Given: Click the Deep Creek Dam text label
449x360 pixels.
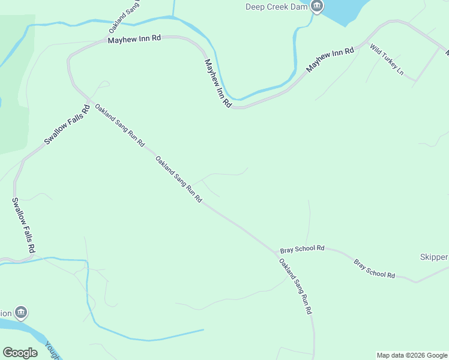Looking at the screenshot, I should click(x=276, y=7).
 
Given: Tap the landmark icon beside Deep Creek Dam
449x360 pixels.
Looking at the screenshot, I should click(x=317, y=7).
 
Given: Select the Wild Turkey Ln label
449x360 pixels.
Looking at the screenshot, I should click(x=386, y=60).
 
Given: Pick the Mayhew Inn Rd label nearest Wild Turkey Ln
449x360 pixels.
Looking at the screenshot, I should click(x=330, y=61).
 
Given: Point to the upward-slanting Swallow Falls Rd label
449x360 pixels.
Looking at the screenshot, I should click(x=67, y=125).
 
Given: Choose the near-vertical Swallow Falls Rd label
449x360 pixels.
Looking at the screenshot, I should click(x=25, y=225).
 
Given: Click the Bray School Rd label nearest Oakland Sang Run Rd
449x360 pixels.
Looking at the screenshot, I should click(x=302, y=248).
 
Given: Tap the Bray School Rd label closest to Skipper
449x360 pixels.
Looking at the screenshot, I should click(x=374, y=269).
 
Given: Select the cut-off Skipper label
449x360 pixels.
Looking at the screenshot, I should click(x=433, y=257).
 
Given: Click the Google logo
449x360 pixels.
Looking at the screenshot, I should click(x=20, y=353).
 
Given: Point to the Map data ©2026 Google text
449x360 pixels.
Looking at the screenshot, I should click(x=412, y=355).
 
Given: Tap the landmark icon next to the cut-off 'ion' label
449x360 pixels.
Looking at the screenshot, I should click(x=21, y=313).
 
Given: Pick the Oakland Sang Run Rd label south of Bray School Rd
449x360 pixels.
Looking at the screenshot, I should click(x=295, y=287).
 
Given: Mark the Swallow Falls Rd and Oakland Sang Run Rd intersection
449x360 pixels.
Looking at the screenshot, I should click(x=89, y=100).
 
